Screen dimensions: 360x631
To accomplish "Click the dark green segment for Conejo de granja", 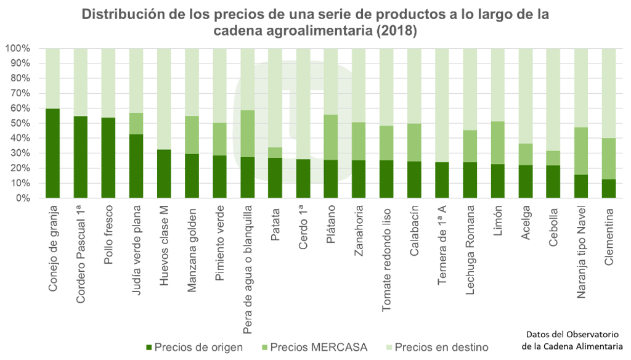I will [52, 153].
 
